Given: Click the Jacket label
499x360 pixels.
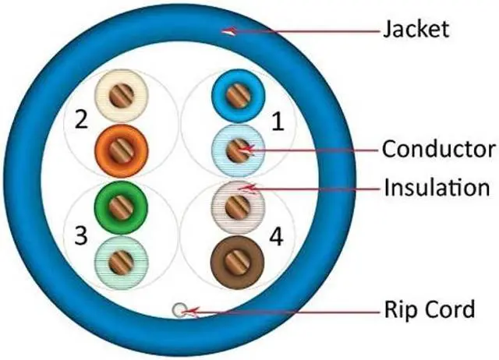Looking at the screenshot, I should pos(416,30).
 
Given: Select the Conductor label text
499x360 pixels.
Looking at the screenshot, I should pos(438,148).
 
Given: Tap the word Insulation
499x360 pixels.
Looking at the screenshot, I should pos(436,187).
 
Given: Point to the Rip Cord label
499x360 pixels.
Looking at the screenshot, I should pos(428,309).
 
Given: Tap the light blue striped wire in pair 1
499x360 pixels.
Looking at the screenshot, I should pos(236,146).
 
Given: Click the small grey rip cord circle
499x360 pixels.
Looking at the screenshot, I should pos(180,311).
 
